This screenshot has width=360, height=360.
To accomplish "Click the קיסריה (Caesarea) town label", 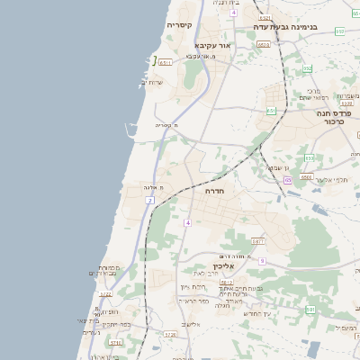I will click(x=180, y=26).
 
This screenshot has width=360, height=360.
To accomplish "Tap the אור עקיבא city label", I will click(x=214, y=45).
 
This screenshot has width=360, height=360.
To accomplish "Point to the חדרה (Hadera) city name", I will click(x=214, y=191).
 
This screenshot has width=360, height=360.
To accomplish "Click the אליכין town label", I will click(x=224, y=266).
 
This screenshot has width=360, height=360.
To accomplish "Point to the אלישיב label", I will click(x=192, y=323).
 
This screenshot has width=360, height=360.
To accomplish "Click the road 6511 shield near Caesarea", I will click(x=166, y=60).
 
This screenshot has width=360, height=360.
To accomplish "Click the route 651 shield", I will click(x=271, y=111).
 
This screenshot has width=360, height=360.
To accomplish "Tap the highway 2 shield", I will click(x=149, y=200).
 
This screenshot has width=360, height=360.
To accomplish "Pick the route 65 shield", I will click(x=287, y=180).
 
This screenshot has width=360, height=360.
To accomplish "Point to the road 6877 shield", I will click(x=258, y=241).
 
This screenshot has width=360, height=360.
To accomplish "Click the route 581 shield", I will click(x=310, y=310).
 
